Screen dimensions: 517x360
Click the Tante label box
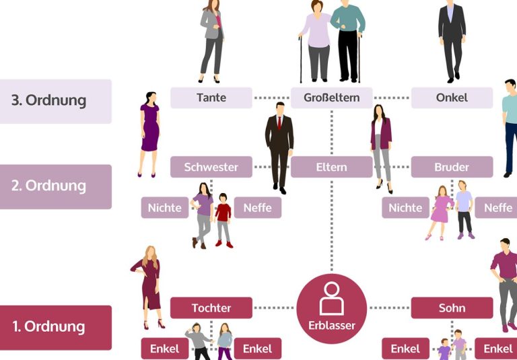pos(211,98)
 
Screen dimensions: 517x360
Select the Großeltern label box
pos(331,98)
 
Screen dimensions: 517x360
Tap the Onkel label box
pos(452,98)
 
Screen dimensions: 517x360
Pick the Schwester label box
pos(211,167)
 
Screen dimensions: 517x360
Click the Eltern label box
pos(331,167)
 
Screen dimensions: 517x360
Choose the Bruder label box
pos(452,167)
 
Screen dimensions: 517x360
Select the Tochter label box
pos(211,308)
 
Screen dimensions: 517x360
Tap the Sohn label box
pos(452,308)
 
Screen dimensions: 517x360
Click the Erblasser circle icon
pos(331,309)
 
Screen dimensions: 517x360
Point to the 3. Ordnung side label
pos(55,101)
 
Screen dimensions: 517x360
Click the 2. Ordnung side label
pos(55,186)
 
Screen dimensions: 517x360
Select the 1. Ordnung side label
pos(55,327)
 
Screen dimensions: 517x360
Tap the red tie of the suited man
pos(279,123)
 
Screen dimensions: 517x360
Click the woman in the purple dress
pos(149,134)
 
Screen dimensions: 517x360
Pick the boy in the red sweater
pos(223,220)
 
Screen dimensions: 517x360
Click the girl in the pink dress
pos(440,213)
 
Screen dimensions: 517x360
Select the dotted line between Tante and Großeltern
pos(271,98)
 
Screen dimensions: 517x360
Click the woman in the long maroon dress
pos(148,287)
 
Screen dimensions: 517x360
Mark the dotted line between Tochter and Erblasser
pos(274,308)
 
